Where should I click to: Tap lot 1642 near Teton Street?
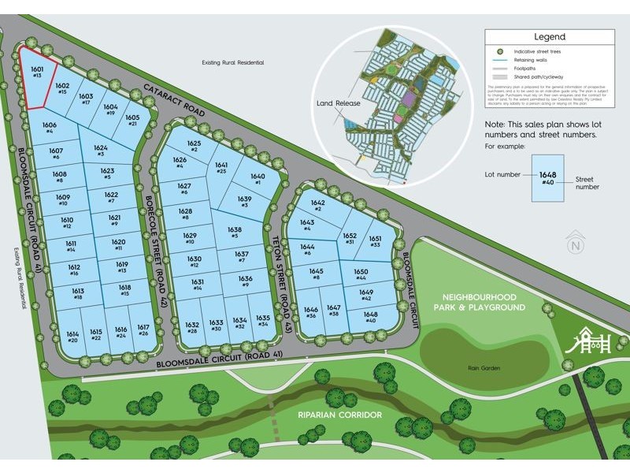[x=318, y=207]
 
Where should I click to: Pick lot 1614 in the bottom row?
[x=72, y=337]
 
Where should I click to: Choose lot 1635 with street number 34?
[x=264, y=321]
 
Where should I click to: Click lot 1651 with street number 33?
[x=375, y=242]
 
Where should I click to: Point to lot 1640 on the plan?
[x=258, y=179]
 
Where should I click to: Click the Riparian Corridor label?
[x=339, y=415]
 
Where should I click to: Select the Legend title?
[x=549, y=36]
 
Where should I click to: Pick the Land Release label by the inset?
[x=339, y=103]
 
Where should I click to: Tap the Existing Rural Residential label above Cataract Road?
[x=232, y=62]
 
